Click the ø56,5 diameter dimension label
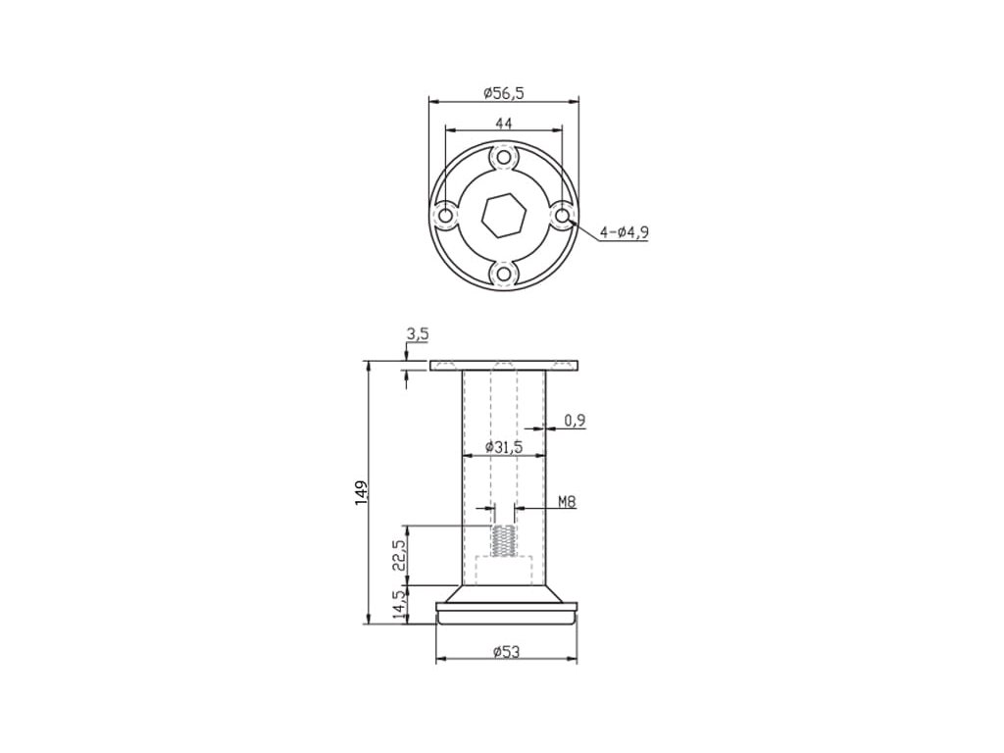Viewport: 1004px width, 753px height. (x=504, y=93)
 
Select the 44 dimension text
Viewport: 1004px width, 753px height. (x=504, y=123)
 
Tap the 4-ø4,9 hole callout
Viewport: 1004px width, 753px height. (x=625, y=231)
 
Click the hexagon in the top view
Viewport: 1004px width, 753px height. (x=504, y=216)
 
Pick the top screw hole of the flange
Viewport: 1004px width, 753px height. (x=504, y=157)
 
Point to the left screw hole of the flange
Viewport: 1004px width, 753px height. (x=445, y=216)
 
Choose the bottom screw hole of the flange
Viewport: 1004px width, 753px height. (x=504, y=275)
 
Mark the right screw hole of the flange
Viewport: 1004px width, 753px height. (x=562, y=216)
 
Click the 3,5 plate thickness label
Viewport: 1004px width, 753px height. (x=417, y=334)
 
